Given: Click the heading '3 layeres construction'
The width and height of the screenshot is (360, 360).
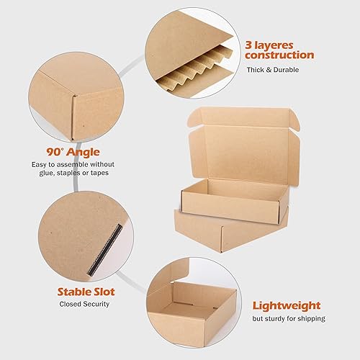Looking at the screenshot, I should [279, 48].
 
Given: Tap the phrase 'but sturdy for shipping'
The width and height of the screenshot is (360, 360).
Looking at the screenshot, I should [288, 318].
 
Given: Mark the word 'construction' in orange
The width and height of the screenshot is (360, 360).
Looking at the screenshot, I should [279, 55].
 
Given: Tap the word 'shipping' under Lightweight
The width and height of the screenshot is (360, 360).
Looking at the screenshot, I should [310, 318].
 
